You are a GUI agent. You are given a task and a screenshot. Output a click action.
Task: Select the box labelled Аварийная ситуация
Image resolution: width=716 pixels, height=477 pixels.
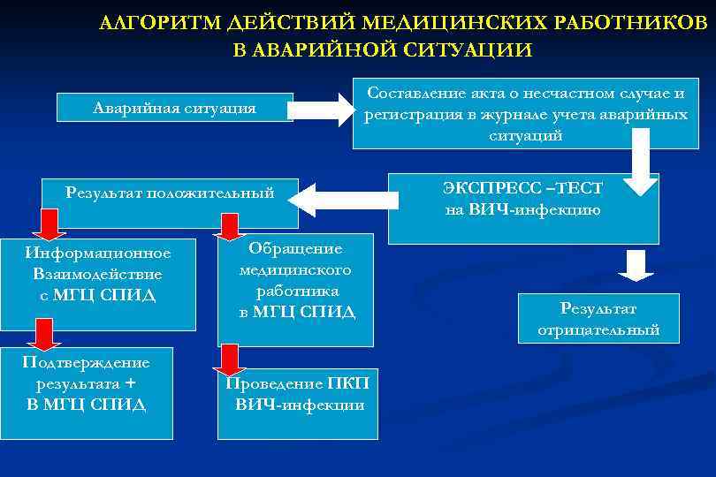pos(174,109)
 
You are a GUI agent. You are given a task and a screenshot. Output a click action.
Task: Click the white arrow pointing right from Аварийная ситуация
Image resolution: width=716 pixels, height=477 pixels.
pos(320,109)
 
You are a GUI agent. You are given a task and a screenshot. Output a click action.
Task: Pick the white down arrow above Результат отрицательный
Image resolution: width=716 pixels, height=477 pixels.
pos(634,266)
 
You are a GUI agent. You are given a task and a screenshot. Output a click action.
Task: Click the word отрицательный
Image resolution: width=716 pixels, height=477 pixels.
pos(598,329)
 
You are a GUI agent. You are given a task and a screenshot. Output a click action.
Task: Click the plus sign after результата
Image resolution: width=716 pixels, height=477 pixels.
pos(132,383)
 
